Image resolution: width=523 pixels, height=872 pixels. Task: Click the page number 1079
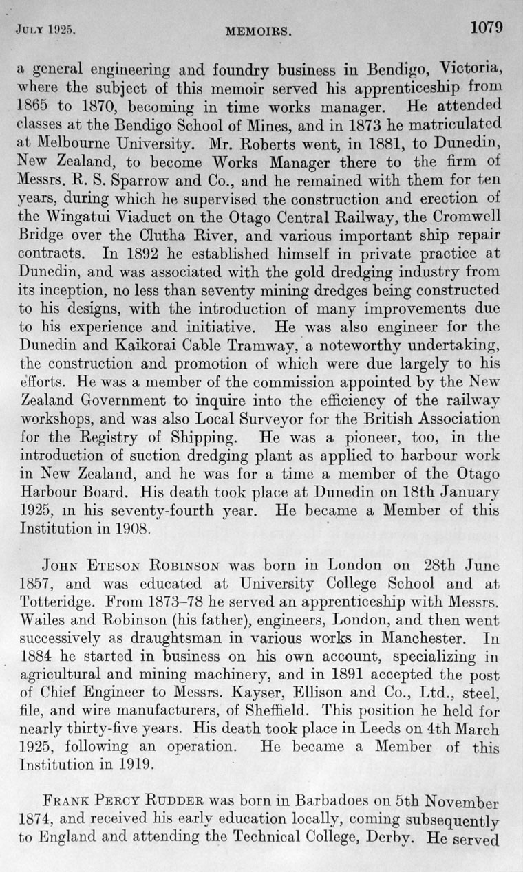coord(486,28)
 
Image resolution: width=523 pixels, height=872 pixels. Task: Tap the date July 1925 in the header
coord(43,30)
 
